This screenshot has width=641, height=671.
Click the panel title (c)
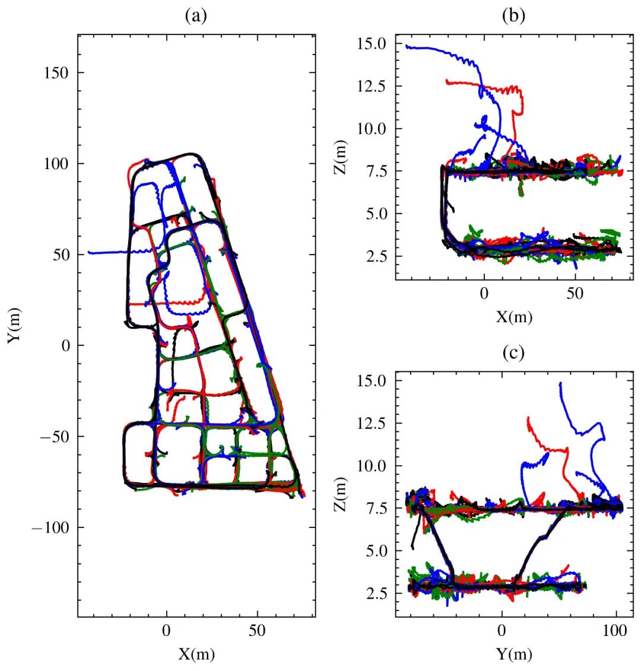coord(513,354)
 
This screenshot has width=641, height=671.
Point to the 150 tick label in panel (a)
coord(58,72)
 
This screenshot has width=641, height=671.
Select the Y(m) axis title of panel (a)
coord(15,325)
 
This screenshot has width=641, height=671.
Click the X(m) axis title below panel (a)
coord(196,654)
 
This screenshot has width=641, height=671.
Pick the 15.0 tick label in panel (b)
coord(372,44)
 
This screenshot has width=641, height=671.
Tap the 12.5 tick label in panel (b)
coord(372,87)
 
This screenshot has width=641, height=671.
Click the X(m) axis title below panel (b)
coord(514,317)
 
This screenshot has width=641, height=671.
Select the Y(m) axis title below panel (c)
coord(514,654)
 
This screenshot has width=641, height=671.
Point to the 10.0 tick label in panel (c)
coord(372,466)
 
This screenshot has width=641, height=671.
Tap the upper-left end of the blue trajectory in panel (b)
coord(407,46)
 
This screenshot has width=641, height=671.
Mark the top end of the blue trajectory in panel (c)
coord(560,383)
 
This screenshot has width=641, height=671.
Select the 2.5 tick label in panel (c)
coord(375,593)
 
